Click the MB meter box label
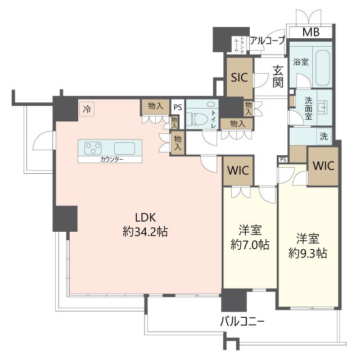311,32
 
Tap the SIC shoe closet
240,78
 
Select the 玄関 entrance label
278,76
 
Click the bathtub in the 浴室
323,68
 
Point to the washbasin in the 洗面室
324,107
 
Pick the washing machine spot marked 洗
324,136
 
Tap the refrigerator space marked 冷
87,109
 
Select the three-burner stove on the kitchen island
93,148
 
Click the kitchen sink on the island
124,148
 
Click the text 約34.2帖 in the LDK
145,232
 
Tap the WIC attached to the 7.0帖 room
238,171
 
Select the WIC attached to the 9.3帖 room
323,166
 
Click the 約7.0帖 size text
250,245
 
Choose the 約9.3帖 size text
308,254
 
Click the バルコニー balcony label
242,322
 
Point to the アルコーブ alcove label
268,40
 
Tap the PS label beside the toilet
178,107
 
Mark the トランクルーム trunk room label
239,45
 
